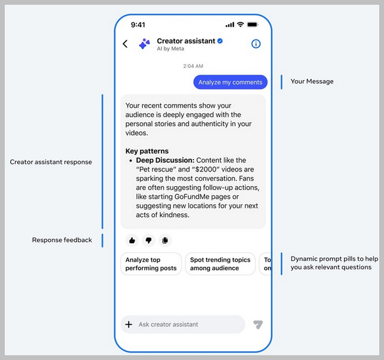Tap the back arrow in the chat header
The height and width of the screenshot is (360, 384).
125,44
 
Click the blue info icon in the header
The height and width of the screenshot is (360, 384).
256,44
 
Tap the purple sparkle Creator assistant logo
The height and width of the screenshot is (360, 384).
145,44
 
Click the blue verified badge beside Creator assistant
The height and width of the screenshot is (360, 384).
220,41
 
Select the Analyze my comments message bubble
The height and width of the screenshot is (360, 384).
230,82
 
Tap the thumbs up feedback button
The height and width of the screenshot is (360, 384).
132,240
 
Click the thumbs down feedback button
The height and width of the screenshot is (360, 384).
148,240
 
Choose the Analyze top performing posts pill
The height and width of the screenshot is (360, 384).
151,264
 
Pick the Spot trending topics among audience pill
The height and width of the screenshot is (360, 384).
220,264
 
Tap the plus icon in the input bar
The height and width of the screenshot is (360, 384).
129,325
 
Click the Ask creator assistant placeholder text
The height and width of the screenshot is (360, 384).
168,325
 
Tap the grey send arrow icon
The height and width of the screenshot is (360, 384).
258,325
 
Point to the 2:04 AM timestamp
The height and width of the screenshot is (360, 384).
193,66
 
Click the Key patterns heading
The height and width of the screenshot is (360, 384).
147,151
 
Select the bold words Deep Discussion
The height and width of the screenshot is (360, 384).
165,160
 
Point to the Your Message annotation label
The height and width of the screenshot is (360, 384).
312,81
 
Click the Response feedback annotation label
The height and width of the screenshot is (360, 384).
62,240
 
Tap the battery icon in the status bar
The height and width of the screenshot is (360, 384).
252,25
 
